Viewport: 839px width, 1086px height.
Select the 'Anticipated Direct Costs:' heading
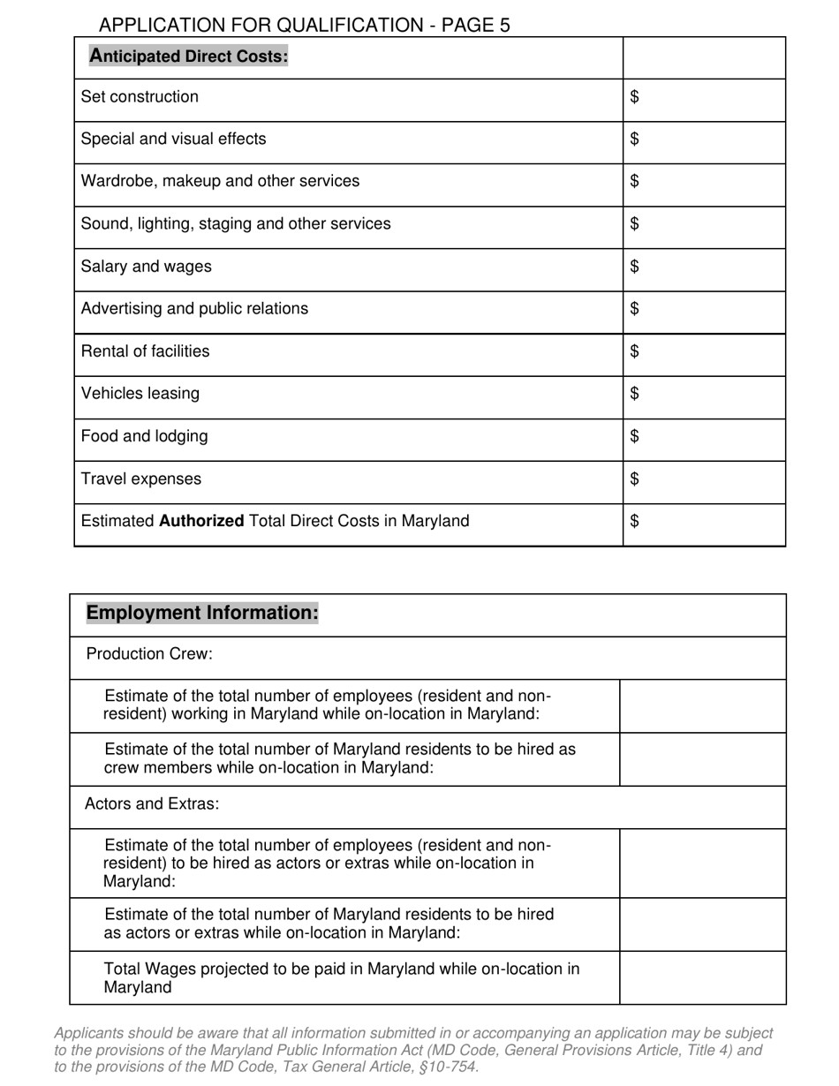point(189,57)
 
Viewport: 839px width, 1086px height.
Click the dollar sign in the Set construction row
point(635,97)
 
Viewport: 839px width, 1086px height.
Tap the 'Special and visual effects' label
point(173,140)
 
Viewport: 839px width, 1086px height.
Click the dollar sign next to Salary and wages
point(635,267)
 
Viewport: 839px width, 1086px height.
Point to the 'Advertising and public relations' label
point(194,309)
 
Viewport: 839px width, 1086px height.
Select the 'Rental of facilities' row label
point(145,351)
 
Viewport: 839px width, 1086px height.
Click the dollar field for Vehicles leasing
point(703,394)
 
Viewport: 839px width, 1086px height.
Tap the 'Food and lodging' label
point(144,436)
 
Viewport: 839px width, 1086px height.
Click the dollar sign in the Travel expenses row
point(635,479)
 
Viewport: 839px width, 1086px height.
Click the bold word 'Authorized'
point(201,521)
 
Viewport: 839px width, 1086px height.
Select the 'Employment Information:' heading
point(201,613)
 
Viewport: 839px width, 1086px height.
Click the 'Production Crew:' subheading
point(149,654)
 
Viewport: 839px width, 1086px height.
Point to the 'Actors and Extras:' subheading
point(152,804)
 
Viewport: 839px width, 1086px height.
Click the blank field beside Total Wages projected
point(702,978)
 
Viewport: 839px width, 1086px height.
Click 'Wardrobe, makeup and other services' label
point(220,181)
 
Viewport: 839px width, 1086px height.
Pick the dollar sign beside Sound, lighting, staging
point(635,224)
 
